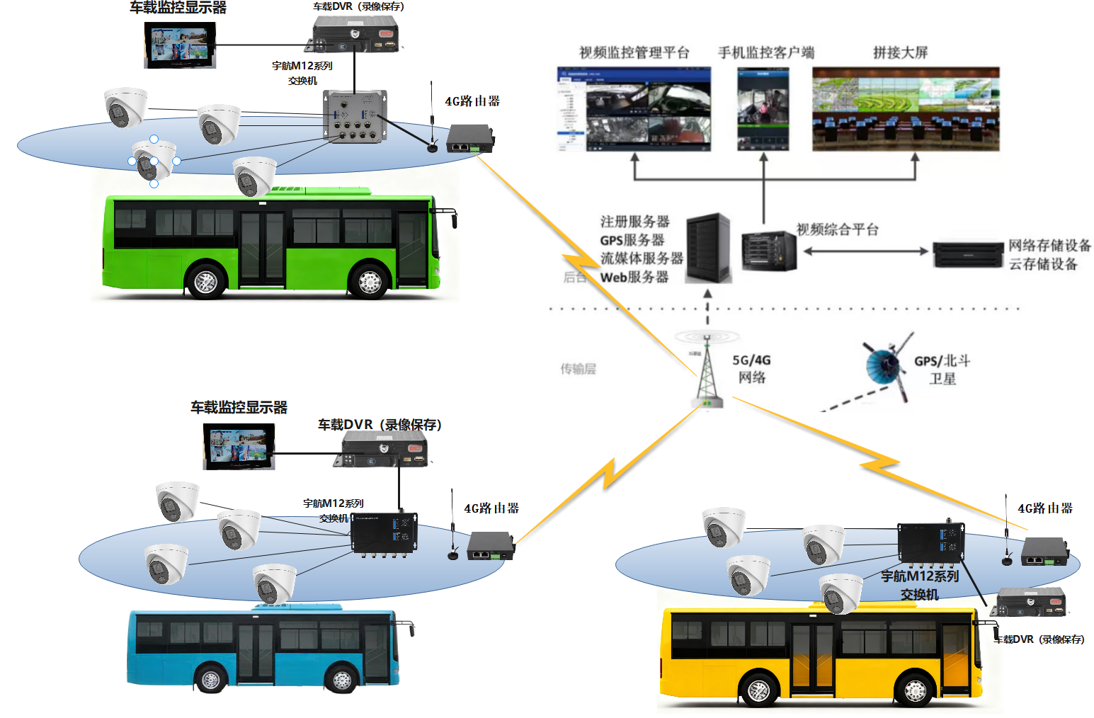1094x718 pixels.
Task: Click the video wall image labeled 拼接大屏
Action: pos(906,109)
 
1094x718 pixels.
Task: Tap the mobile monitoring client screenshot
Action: pos(763,109)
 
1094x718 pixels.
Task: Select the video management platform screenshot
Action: pos(634,109)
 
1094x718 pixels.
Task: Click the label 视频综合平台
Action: pos(837,229)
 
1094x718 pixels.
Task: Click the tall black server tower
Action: pos(707,248)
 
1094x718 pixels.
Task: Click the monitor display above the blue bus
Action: pos(239,447)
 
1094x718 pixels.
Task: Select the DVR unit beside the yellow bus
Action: pos(1031,603)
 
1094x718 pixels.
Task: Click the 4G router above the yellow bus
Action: pos(1044,552)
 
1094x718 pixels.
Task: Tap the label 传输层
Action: pos(578,369)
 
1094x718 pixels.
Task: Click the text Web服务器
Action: pos(634,278)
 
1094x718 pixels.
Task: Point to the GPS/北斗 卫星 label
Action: pos(942,370)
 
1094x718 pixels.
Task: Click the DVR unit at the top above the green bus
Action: pos(356,34)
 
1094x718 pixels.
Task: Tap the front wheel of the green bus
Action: pos(369,282)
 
